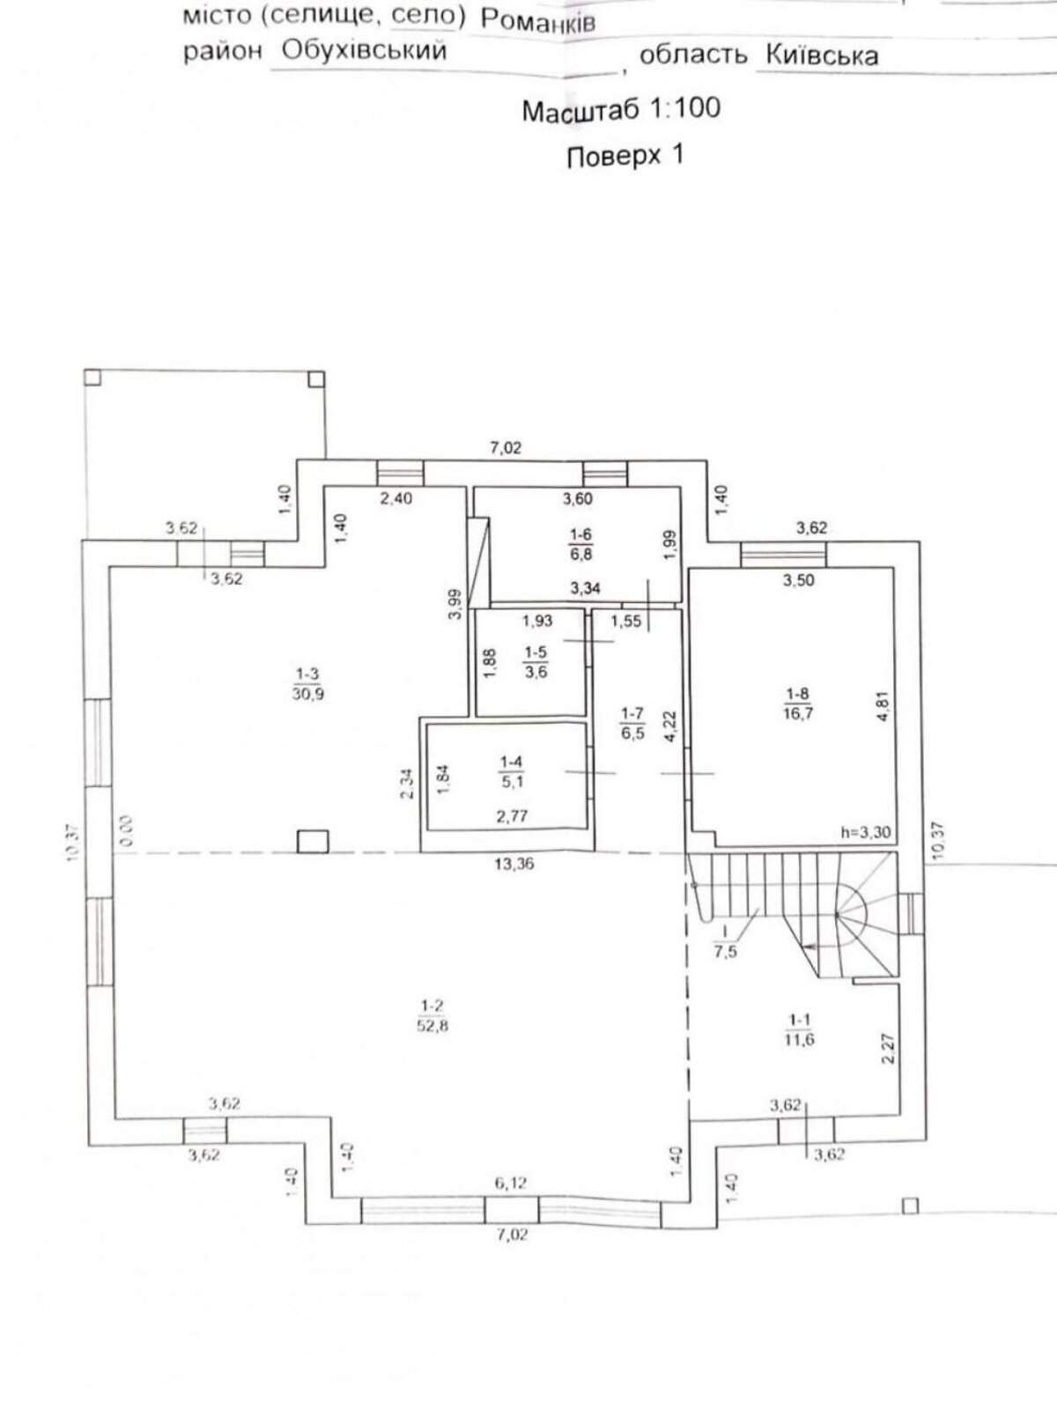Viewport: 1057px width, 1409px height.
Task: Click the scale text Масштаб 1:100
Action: coord(621,109)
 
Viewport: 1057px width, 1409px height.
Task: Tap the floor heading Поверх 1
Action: coord(625,156)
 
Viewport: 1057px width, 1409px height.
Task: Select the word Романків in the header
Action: coord(538,22)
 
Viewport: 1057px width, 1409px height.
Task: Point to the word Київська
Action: coord(822,55)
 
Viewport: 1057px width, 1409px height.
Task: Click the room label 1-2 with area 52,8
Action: coord(432,1015)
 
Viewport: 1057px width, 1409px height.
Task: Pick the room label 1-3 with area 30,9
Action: coord(308,684)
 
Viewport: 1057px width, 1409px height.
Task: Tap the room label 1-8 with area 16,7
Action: coord(798,704)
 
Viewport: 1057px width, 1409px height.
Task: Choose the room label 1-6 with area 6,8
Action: coord(580,543)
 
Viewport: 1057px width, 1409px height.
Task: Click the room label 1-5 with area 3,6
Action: coord(536,662)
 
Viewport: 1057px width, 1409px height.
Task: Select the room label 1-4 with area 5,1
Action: coord(511,771)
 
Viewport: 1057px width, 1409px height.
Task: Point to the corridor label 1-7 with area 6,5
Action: coord(632,724)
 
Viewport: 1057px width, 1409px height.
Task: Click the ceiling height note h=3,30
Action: coord(866,832)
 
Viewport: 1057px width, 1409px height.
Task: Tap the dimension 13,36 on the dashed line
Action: coord(514,864)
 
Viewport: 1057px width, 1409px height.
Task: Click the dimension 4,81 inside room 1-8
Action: coord(883,706)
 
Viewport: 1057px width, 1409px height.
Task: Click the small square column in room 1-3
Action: coord(314,841)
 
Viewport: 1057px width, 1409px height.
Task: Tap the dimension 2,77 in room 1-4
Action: coord(512,816)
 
